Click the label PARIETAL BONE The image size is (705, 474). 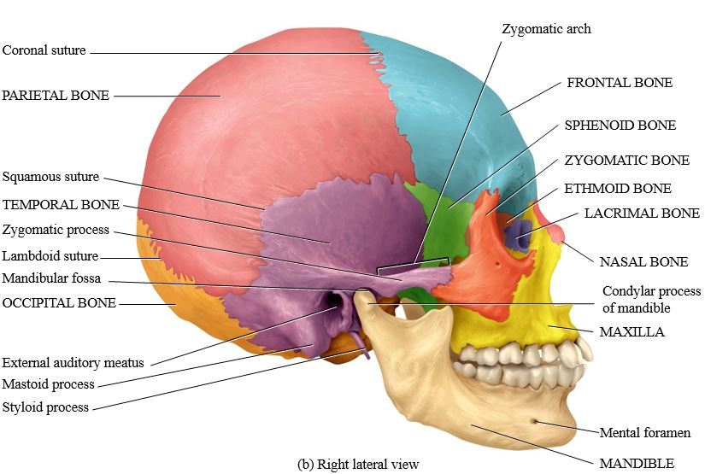[56, 96]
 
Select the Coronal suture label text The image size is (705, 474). [44, 50]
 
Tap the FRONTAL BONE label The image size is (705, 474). [620, 83]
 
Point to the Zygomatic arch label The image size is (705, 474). [546, 29]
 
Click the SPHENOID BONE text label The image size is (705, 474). [620, 126]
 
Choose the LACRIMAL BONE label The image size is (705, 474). [642, 214]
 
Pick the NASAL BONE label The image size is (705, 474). [643, 261]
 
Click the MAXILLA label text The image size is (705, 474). [632, 331]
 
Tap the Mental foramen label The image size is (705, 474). [644, 433]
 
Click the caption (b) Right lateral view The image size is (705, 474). [358, 465]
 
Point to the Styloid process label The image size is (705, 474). [45, 407]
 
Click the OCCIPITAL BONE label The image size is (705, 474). [59, 302]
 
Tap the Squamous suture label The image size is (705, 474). [51, 178]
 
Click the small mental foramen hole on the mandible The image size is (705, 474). [535, 420]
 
